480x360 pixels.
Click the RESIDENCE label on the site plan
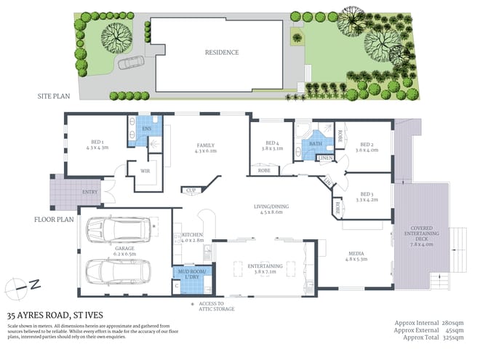221,52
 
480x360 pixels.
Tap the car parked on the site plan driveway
131,63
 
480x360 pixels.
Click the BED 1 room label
97,144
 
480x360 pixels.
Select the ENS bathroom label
146,128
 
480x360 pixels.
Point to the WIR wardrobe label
143,172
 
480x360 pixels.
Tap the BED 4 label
272,144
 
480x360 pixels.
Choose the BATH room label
315,143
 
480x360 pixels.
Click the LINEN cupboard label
325,158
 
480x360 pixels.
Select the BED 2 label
366,146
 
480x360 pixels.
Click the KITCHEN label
191,236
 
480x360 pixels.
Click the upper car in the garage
109,230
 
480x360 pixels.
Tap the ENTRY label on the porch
90,192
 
